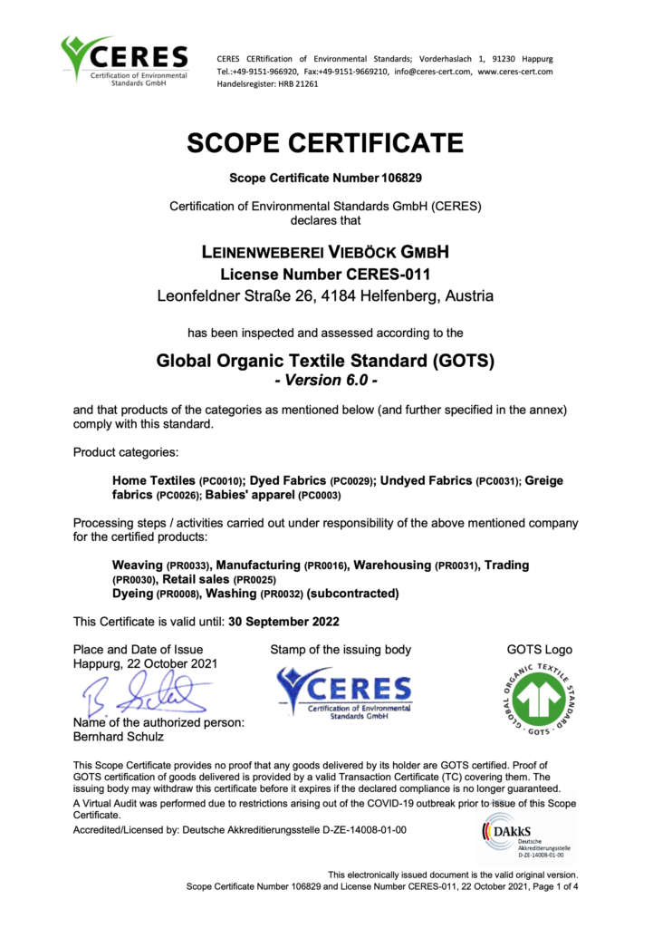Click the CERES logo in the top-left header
click(124, 61)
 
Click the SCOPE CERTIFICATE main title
click(325, 143)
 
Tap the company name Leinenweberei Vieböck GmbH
click(325, 251)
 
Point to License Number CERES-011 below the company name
click(325, 274)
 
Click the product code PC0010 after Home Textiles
click(219, 480)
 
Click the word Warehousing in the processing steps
click(391, 565)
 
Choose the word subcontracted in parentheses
click(352, 594)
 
